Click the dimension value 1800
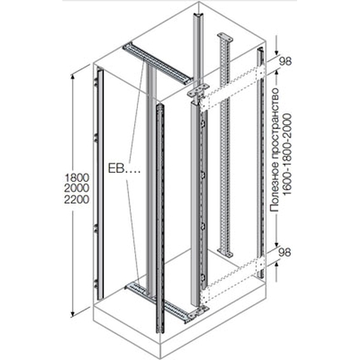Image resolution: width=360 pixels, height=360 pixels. (x=76, y=177)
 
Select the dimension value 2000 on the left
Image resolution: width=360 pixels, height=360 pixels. (x=76, y=188)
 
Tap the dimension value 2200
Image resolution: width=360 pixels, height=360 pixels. (x=76, y=199)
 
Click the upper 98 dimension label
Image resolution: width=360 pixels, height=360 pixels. (x=285, y=61)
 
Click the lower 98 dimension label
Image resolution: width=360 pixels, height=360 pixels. (x=285, y=252)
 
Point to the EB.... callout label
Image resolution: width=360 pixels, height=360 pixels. (x=124, y=169)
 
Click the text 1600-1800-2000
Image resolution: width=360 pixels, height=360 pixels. (x=287, y=155)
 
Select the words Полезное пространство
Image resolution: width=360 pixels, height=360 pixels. (x=275, y=149)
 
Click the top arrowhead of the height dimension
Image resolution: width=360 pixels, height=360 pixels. (x=73, y=77)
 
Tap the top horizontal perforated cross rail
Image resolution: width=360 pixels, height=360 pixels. (x=157, y=63)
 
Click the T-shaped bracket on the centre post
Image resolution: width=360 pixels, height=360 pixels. (x=198, y=91)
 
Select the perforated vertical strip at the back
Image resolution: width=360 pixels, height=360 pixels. (x=225, y=144)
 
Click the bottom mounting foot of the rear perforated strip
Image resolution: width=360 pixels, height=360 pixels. (x=225, y=252)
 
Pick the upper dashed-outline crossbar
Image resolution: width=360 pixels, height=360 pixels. (x=232, y=88)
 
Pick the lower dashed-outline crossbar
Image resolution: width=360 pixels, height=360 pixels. (x=232, y=280)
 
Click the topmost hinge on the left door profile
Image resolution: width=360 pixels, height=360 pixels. (x=95, y=82)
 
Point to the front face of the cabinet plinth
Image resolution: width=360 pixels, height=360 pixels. (x=127, y=333)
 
